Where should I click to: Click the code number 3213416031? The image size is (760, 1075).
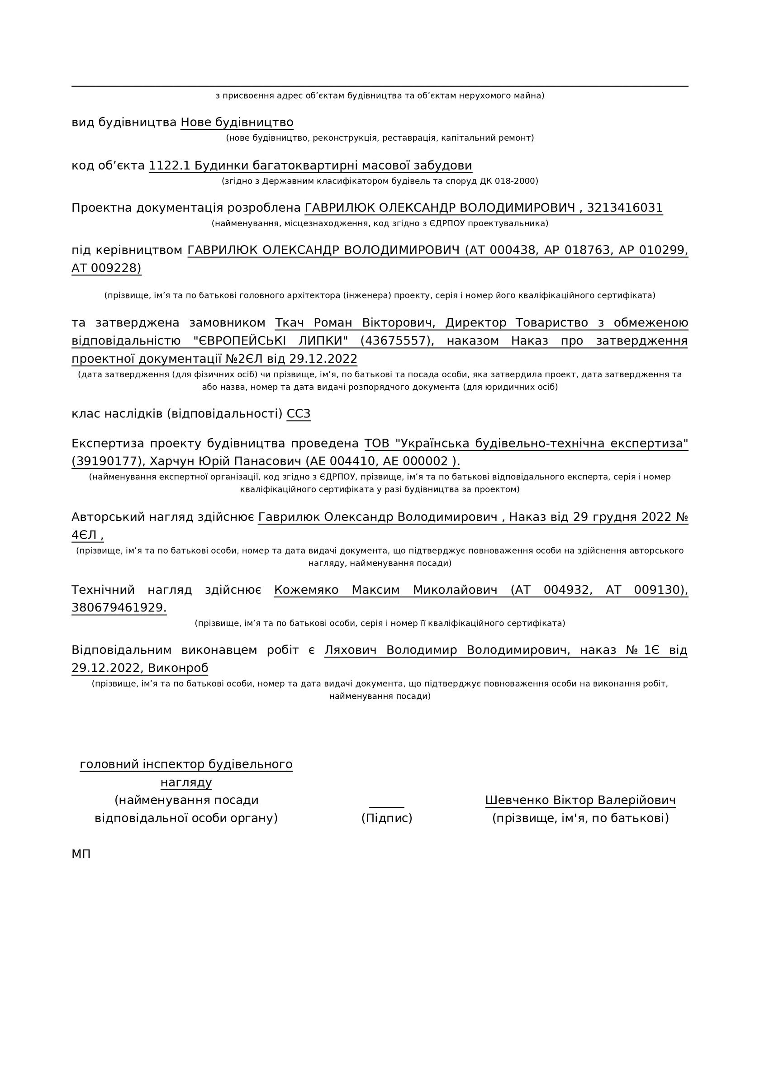[x=625, y=208]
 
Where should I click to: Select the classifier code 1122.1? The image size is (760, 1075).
[x=169, y=166]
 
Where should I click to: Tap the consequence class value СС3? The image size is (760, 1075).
[x=298, y=414]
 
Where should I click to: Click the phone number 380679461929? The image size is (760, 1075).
[x=119, y=608]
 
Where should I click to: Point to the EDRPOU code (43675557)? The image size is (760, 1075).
[x=397, y=341]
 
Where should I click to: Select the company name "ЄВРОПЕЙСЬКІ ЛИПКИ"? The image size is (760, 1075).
[x=270, y=341]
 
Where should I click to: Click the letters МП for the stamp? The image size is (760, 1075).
[x=81, y=854]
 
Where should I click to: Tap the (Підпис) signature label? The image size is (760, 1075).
[x=386, y=818]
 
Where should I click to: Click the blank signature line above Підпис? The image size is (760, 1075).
[x=386, y=805]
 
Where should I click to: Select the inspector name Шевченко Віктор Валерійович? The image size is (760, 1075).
[x=580, y=800]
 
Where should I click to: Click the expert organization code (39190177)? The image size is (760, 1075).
[x=108, y=462]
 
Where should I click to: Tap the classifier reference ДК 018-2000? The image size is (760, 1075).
[x=509, y=181]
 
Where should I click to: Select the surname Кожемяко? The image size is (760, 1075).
[x=306, y=590]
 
